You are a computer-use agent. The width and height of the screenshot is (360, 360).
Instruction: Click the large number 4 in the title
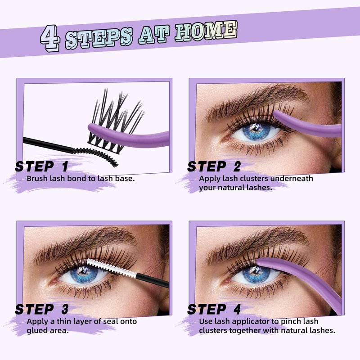click(50, 38)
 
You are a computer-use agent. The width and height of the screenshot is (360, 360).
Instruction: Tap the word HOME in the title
click(206, 32)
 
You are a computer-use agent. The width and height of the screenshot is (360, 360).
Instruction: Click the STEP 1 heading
click(41, 166)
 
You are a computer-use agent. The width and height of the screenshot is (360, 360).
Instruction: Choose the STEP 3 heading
click(41, 309)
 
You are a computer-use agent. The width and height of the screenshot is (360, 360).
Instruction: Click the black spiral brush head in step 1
click(95, 156)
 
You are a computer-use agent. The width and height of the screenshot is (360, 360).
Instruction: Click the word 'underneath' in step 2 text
click(291, 178)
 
